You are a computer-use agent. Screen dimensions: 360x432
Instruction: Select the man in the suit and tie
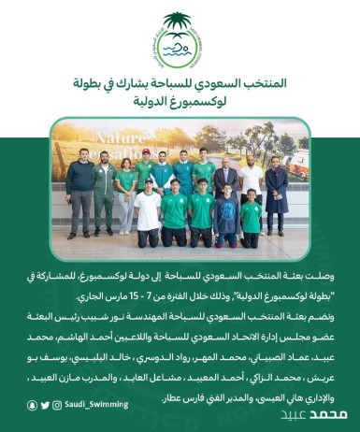225,182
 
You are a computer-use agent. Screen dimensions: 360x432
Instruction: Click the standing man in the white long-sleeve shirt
251,182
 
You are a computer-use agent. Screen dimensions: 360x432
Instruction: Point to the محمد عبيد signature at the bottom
326,414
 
